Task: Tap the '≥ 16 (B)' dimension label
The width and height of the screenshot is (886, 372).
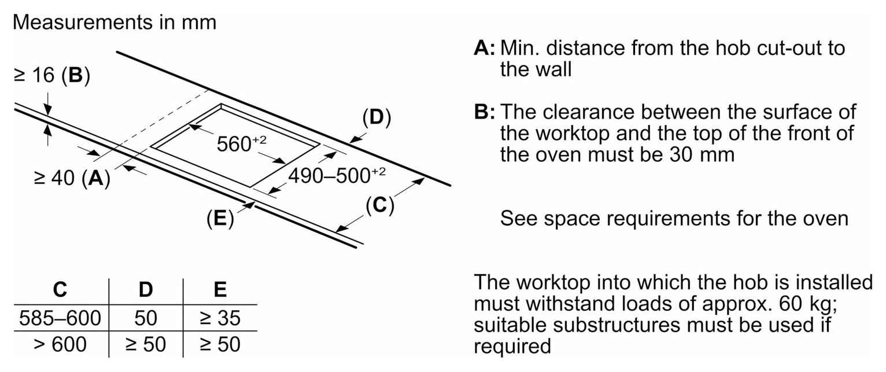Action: pos(52,75)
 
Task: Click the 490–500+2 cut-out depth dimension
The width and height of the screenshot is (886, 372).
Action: pos(337,175)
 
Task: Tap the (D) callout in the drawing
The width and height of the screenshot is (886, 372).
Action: pos(376,117)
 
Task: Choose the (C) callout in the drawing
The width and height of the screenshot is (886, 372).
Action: pos(380,205)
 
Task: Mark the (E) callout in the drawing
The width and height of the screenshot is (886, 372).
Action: pos(220,218)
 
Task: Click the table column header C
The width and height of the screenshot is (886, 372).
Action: pos(60,290)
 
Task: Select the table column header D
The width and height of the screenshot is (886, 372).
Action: pos(146,290)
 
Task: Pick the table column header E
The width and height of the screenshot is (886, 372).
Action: pos(220,290)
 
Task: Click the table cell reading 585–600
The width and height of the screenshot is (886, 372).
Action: pos(60,318)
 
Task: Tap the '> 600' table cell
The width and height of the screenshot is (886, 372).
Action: pos(60,344)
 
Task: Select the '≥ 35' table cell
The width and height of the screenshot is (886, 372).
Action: pos(220,318)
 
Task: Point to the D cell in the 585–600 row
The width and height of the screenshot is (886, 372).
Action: pos(146,318)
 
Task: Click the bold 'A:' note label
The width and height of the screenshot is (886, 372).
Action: pos(485,48)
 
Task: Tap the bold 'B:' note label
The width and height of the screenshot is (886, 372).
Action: pos(485,112)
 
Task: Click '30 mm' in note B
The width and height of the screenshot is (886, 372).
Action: pos(702,154)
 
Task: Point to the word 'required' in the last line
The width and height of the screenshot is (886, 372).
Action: pos(512,347)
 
